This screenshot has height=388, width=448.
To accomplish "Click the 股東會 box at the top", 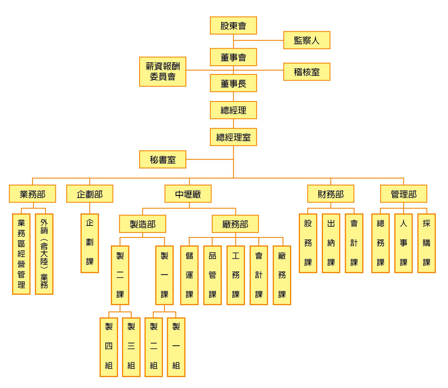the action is (x=233, y=26).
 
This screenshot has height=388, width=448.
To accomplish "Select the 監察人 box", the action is (x=307, y=40).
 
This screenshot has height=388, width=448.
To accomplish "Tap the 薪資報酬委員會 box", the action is (x=163, y=72).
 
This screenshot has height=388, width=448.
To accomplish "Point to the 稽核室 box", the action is (x=307, y=72).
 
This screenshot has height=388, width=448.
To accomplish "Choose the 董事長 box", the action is (x=233, y=83).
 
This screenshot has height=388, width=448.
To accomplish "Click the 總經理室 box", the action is (x=233, y=137).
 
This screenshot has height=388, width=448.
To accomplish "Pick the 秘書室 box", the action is (x=163, y=159).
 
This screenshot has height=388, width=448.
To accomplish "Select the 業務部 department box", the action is (x=32, y=194).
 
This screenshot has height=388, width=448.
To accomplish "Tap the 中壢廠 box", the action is (x=188, y=194).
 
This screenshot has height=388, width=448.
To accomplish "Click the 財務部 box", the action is (x=330, y=194).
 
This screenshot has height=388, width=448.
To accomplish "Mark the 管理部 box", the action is (x=403, y=194).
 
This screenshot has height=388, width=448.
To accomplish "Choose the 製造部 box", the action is (x=143, y=224).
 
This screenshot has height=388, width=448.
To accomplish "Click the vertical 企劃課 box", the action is (x=90, y=243).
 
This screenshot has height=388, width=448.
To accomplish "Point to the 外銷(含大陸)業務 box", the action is (x=44, y=254).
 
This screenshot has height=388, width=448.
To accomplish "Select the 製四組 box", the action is (x=109, y=347).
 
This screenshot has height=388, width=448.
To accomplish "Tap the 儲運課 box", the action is (x=189, y=275).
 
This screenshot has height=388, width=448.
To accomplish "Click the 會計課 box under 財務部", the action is (x=354, y=243).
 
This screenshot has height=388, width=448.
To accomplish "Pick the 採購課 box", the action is (x=427, y=243).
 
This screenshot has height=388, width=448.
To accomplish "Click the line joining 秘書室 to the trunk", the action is (x=210, y=159).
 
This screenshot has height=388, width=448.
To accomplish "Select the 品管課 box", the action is (x=212, y=275).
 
